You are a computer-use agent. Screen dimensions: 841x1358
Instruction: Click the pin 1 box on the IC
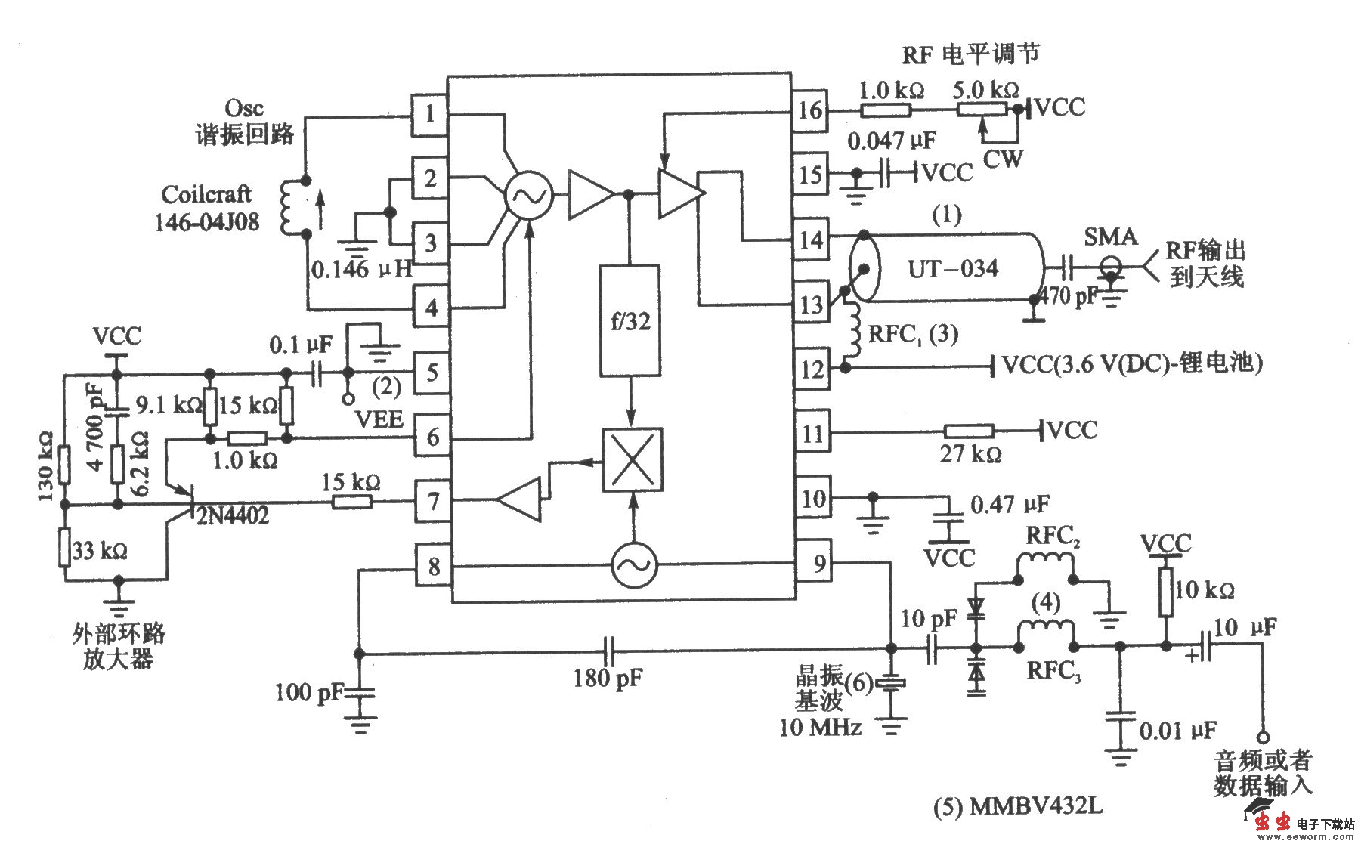coord(430,114)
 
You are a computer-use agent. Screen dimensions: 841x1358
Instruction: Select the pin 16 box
coord(810,110)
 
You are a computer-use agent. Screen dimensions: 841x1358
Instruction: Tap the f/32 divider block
coord(630,320)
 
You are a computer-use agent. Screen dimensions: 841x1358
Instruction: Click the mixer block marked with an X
coord(632,459)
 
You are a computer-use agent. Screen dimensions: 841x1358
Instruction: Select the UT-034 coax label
coord(952,268)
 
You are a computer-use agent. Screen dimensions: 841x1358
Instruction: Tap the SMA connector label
coord(1110,237)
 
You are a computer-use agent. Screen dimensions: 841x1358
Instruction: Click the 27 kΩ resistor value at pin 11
coord(970,455)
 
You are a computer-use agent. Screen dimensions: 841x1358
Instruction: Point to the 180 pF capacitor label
coord(608,678)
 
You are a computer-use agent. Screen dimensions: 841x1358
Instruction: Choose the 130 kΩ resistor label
coord(45,466)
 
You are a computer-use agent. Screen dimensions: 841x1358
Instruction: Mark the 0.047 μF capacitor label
coord(891,141)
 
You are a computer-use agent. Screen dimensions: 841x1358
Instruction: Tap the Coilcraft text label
coord(206,194)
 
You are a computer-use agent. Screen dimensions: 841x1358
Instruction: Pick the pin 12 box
coord(812,369)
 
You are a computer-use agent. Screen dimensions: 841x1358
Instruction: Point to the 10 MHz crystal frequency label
coord(820,728)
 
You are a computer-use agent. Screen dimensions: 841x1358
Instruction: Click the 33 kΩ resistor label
coord(100,551)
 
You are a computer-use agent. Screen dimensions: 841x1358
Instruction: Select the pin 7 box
coord(432,500)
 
